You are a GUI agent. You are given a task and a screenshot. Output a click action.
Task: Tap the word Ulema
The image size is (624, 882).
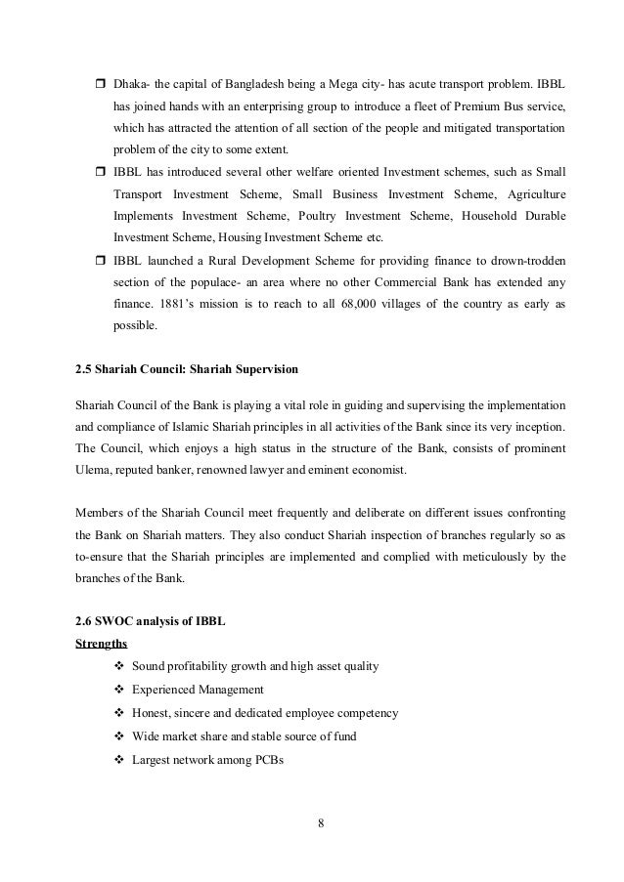(x=94, y=471)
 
